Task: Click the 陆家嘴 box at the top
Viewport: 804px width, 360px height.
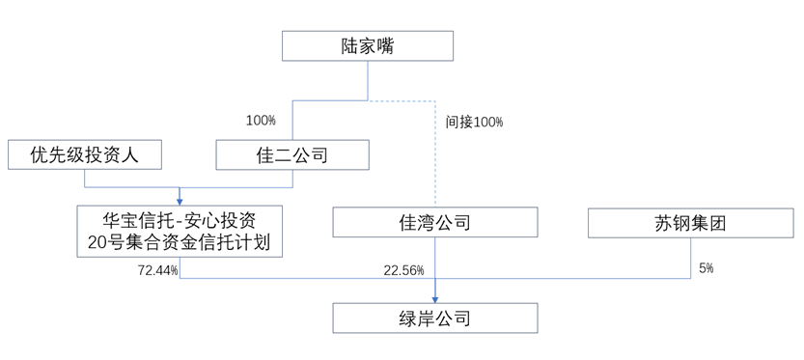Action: pyautogui.click(x=368, y=45)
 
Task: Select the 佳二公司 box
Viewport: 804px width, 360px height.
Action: pyautogui.click(x=292, y=154)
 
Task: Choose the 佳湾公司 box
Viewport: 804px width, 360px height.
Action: pyautogui.click(x=434, y=223)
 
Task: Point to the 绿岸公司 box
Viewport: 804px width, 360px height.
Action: pyautogui.click(x=434, y=318)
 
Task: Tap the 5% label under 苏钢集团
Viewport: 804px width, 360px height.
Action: pyautogui.click(x=706, y=268)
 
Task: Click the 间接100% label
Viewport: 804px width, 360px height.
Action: pyautogui.click(x=474, y=123)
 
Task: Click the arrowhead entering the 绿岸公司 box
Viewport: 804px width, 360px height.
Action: pyautogui.click(x=435, y=297)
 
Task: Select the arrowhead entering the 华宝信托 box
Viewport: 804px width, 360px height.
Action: pyautogui.click(x=180, y=198)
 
